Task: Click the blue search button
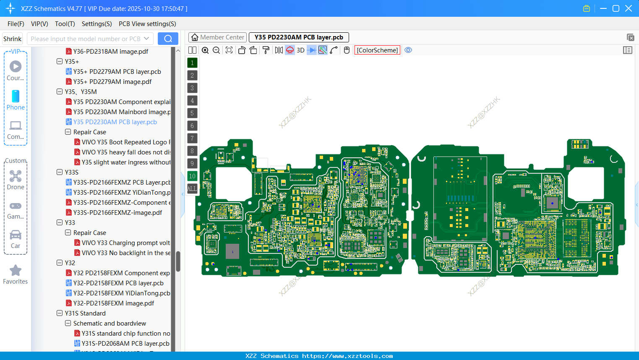168,39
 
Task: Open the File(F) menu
16,24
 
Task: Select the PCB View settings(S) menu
147,24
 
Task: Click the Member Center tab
218,37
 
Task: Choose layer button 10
192,176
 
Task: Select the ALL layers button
192,189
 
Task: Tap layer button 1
192,63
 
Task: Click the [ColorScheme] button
377,50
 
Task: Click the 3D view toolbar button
300,50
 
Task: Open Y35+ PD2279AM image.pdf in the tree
112,82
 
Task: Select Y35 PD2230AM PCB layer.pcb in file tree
115,122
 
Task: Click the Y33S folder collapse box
60,172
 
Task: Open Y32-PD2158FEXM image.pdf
113,303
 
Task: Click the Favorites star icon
16,271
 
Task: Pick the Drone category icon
16,176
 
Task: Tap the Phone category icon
16,97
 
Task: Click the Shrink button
13,39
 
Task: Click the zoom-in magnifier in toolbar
205,50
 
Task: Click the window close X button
629,8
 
